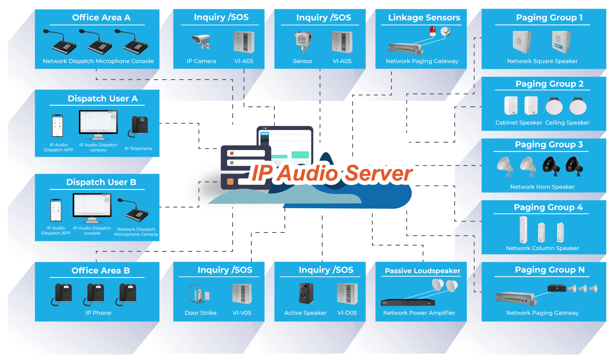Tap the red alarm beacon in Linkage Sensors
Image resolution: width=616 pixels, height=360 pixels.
pyautogui.click(x=433, y=31)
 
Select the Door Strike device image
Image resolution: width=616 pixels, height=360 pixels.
pyautogui.click(x=198, y=294)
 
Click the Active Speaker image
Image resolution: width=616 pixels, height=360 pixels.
pyautogui.click(x=305, y=293)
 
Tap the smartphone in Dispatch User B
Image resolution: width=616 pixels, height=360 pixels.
pyautogui.click(x=56, y=210)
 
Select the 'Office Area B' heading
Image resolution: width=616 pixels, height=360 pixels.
pyautogui.click(x=100, y=270)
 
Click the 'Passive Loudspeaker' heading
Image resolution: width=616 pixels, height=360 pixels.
pyautogui.click(x=422, y=271)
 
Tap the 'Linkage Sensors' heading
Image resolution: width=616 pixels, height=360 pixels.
pyautogui.click(x=424, y=17)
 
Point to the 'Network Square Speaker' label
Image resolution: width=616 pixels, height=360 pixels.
pyautogui.click(x=542, y=61)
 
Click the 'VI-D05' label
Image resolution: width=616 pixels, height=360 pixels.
pyautogui.click(x=347, y=313)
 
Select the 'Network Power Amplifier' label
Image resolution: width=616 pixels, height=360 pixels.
pyautogui.click(x=419, y=313)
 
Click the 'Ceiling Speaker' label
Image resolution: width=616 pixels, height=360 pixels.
pyautogui.click(x=567, y=122)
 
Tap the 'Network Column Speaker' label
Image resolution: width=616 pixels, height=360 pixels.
pyautogui.click(x=542, y=248)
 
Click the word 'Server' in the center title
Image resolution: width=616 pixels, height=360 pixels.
pyautogui.click(x=379, y=173)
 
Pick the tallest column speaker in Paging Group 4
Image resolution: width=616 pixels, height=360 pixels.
pyautogui.click(x=523, y=229)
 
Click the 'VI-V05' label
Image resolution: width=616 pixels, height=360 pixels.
pyautogui.click(x=242, y=313)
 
